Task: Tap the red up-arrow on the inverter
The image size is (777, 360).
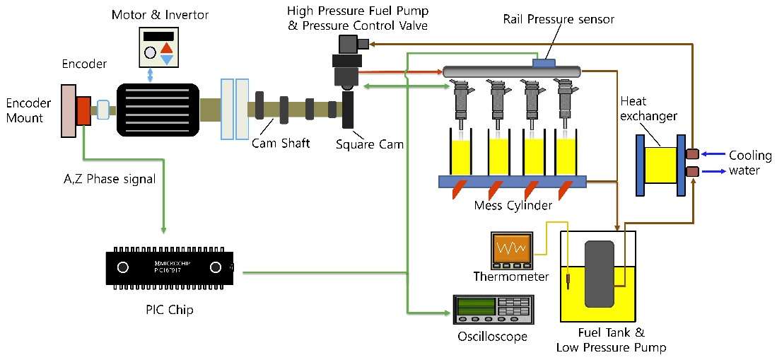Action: (x=166, y=48)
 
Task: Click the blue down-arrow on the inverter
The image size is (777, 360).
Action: (x=166, y=59)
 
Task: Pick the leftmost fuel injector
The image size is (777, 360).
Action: (x=460, y=99)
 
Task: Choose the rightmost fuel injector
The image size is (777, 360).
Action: (x=564, y=99)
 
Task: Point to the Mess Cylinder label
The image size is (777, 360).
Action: (x=513, y=206)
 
